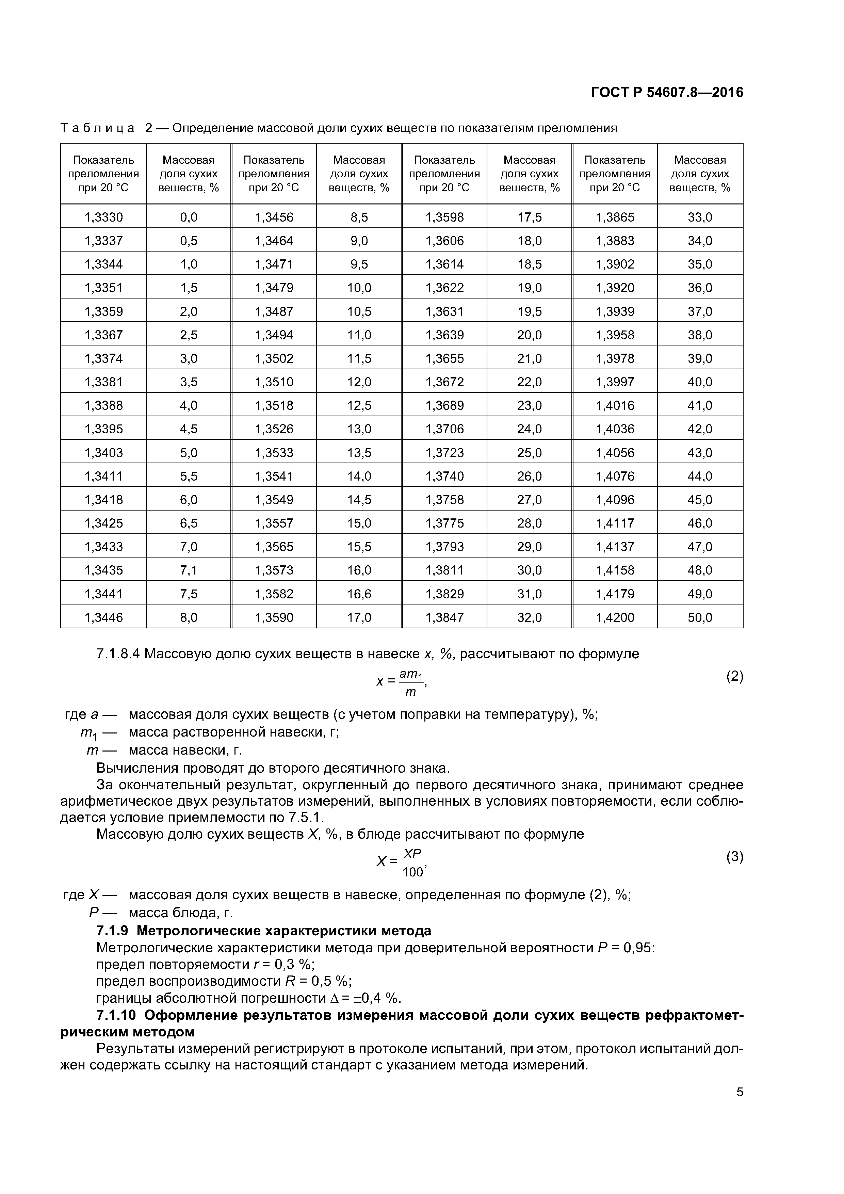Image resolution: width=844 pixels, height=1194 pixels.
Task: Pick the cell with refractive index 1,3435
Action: [103, 570]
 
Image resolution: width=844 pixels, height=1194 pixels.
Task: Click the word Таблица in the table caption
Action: [97, 128]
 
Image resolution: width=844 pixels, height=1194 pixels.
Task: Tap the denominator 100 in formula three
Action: [412, 872]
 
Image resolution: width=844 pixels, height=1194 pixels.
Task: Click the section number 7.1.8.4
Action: [118, 654]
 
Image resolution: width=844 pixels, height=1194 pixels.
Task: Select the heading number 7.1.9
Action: [112, 930]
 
